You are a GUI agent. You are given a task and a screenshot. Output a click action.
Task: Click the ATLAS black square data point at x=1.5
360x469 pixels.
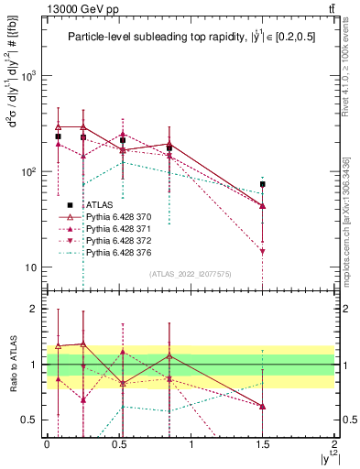click(x=263, y=184)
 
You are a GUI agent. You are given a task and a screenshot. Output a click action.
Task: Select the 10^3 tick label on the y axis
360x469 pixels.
click(x=28, y=76)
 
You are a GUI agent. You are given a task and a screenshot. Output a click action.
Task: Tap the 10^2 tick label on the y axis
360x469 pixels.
click(x=28, y=172)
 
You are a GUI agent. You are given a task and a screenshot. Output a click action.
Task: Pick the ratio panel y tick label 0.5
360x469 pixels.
click(x=30, y=420)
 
